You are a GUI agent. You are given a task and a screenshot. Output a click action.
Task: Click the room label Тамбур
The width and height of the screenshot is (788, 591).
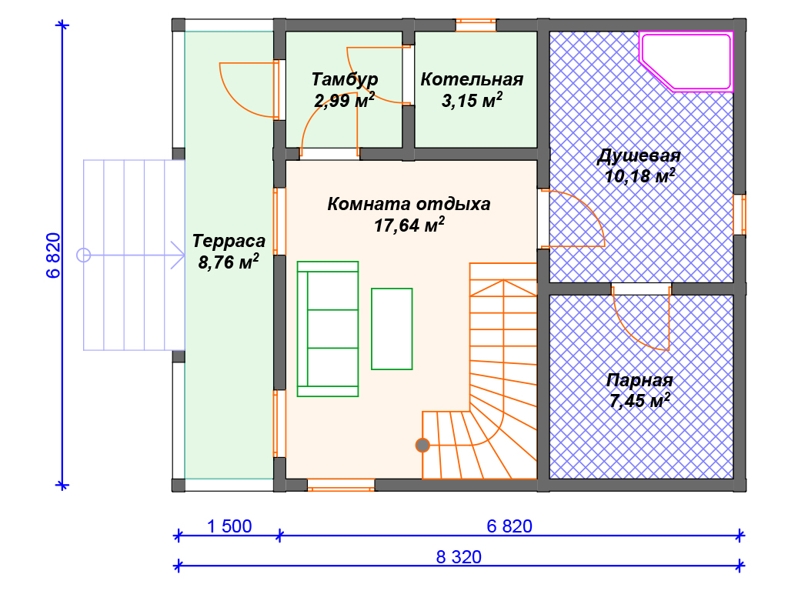tap(345, 79)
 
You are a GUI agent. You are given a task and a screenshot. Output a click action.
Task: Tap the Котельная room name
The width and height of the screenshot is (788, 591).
tap(472, 79)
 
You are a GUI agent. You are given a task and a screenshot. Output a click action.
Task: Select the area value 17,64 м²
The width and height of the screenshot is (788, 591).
tap(408, 225)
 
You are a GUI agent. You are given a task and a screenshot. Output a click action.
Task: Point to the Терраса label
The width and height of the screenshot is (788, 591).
tap(229, 241)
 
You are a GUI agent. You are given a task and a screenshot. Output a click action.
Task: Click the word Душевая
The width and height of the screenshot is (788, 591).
tap(639, 157)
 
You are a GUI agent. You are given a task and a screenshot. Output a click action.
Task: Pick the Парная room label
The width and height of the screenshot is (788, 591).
tap(639, 380)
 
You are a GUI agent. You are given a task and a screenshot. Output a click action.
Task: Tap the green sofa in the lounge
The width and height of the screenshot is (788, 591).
tap(328, 329)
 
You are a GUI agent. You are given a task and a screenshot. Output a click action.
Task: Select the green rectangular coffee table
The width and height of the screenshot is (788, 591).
tap(392, 329)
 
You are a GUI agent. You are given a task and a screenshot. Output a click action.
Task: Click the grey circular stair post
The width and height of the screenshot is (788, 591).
tap(422, 445)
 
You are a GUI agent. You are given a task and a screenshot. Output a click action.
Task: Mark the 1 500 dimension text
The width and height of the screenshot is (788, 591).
tap(229, 527)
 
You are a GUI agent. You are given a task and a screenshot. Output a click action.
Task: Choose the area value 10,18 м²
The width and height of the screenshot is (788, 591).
tap(639, 177)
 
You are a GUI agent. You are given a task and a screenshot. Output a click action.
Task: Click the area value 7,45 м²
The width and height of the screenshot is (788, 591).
tap(639, 401)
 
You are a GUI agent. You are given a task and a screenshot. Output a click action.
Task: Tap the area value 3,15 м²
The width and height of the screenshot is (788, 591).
tap(472, 100)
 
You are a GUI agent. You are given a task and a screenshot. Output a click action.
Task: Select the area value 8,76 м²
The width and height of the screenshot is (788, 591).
tap(229, 262)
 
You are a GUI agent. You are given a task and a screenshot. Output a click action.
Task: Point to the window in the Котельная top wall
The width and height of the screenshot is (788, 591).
tap(476, 25)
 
